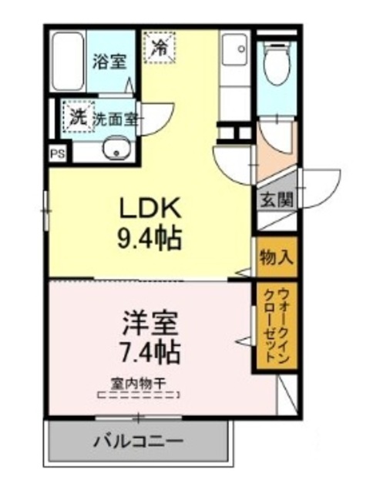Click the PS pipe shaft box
coord(57,153)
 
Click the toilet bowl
coord(274,66)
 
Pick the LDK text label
coord(149,208)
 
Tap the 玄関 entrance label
coord(275,199)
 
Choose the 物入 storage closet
coord(275,257)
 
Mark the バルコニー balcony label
coord(139,442)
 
